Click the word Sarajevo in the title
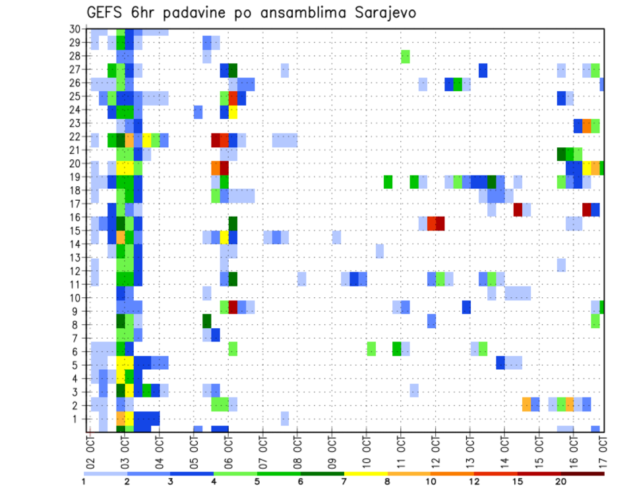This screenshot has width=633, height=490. click(x=380, y=13)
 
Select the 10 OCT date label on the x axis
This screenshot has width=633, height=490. click(x=367, y=450)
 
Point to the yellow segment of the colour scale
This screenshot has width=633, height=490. click(x=365, y=473)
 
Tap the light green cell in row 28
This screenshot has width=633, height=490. click(x=406, y=56)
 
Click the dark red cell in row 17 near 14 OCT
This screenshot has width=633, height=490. click(x=518, y=209)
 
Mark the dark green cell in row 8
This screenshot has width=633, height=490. click(x=207, y=321)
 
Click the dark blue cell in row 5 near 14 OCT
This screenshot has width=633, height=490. click(x=500, y=362)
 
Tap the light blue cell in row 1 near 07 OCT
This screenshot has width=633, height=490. click(x=285, y=418)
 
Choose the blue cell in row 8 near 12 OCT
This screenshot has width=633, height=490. click(x=431, y=321)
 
